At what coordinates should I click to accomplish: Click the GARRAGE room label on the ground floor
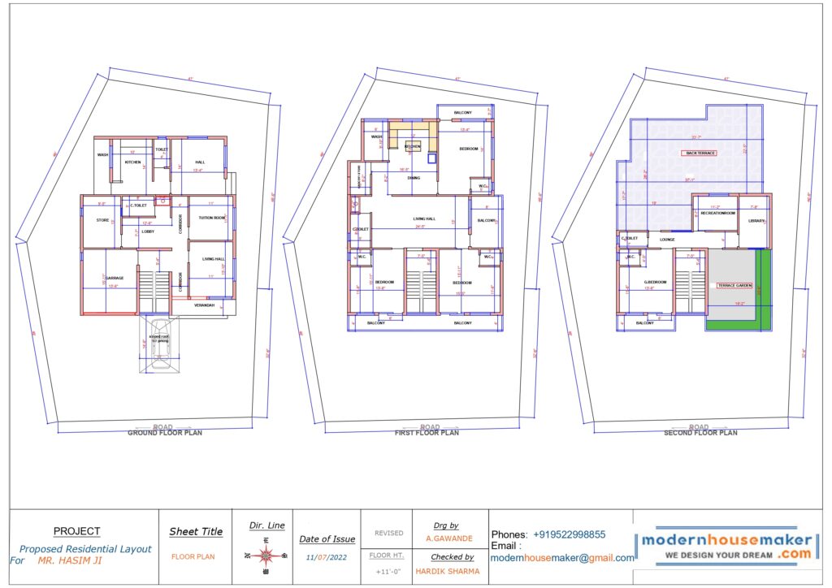(x=114, y=278)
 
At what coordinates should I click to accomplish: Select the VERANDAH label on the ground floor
(x=203, y=305)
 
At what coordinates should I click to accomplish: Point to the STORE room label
(x=102, y=220)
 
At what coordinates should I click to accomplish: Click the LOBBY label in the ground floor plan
(x=148, y=231)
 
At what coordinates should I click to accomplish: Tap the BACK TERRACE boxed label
(x=700, y=153)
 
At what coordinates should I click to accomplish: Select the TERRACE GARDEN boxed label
(x=734, y=286)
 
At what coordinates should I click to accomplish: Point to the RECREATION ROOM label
(x=717, y=213)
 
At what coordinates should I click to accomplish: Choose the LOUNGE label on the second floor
(x=667, y=240)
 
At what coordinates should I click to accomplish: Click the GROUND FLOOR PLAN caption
(x=165, y=433)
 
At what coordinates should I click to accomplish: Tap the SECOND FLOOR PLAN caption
(x=700, y=433)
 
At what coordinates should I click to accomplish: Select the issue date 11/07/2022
(x=327, y=558)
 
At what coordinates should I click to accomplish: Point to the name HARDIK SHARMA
(x=447, y=571)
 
